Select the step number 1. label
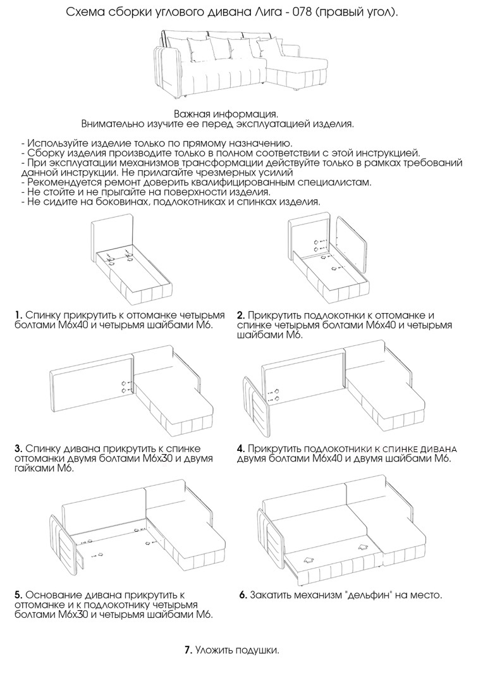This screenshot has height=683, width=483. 19,315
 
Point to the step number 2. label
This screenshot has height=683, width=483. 241,315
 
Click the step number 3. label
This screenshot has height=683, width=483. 19,448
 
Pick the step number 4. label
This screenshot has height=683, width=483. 241,448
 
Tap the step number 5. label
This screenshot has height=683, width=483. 19,595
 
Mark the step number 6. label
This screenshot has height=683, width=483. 243,595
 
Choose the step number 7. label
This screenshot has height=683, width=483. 188,649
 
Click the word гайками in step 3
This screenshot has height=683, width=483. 35,469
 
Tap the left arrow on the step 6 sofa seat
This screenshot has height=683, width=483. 309,558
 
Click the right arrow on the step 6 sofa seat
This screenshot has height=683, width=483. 362,547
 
